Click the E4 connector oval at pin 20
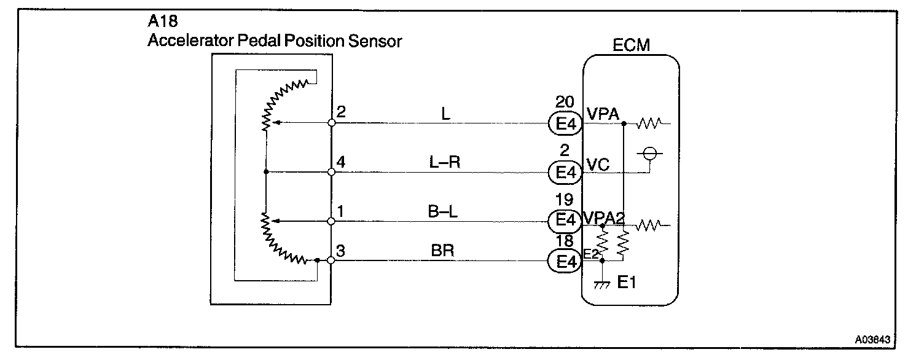(564, 124)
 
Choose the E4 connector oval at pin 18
(564, 262)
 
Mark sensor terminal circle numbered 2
(331, 123)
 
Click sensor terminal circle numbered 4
(331, 172)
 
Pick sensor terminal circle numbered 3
(331, 260)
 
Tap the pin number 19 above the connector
(563, 199)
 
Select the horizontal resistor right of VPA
(648, 125)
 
